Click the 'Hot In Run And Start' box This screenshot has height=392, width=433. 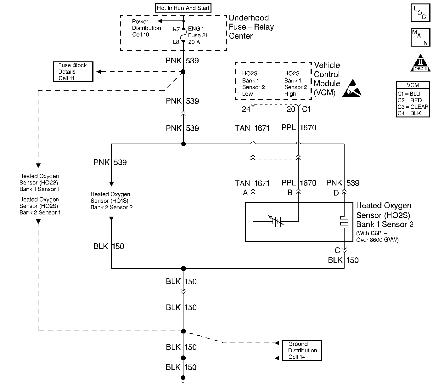click(x=183, y=8)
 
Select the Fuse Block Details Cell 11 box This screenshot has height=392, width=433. click(x=73, y=72)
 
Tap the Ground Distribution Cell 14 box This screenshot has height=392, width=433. click(x=302, y=350)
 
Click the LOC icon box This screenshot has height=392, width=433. click(x=420, y=13)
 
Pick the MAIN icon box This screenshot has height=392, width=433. click(x=420, y=37)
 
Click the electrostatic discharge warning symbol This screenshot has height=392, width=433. click(x=352, y=88)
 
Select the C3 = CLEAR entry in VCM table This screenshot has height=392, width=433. click(x=413, y=107)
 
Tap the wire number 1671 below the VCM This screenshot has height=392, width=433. click(x=262, y=128)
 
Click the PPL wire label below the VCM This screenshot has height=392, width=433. click(x=289, y=128)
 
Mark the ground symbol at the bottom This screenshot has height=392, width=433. click(x=183, y=379)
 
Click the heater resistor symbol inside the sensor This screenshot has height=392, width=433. click(x=344, y=222)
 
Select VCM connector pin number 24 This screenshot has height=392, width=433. click(x=246, y=109)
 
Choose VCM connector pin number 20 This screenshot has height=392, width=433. click(x=291, y=109)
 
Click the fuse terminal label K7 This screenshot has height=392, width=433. click(x=176, y=29)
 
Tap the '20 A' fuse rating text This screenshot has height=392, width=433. click(x=194, y=42)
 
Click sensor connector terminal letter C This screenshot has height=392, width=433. click(x=337, y=251)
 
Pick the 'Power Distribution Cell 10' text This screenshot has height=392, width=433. click(x=146, y=28)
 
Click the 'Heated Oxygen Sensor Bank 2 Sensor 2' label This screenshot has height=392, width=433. click(x=111, y=201)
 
